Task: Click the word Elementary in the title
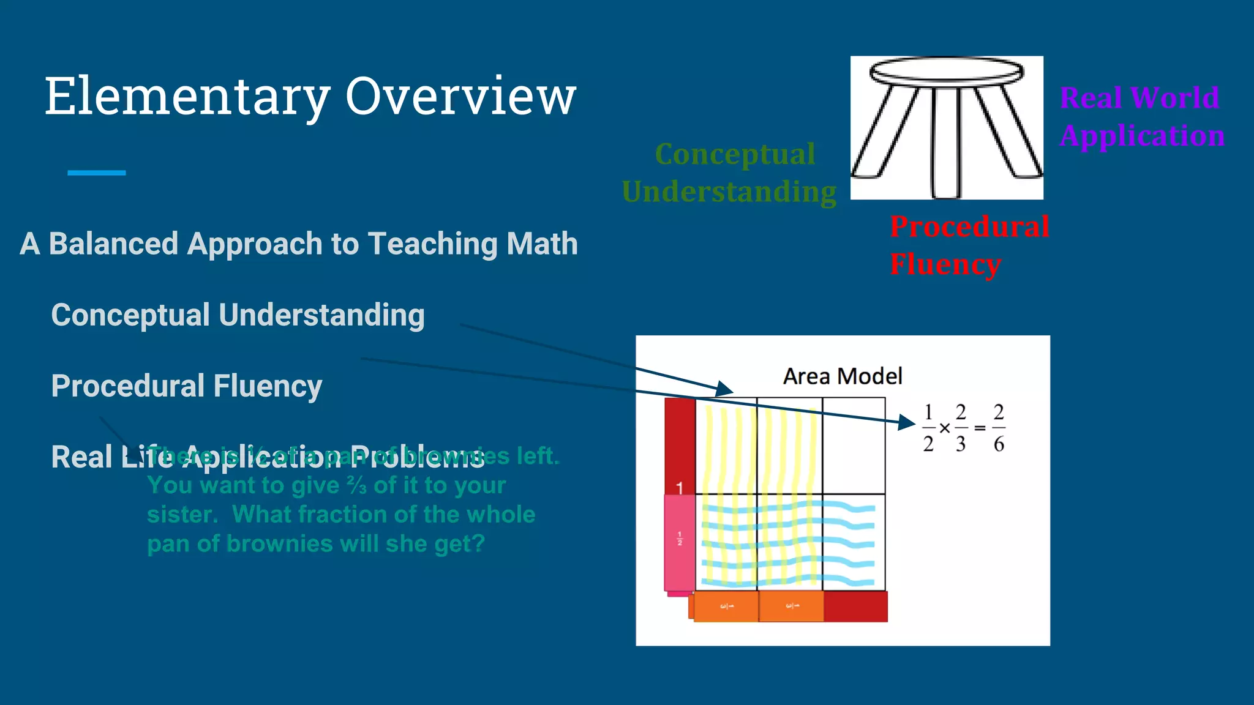[x=187, y=97]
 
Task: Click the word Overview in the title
[x=460, y=97]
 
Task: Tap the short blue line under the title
[x=96, y=173]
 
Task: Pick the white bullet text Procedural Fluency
[x=186, y=386]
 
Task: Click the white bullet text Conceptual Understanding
[x=238, y=315]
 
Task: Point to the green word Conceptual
[x=735, y=154]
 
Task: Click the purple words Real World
[x=1139, y=98]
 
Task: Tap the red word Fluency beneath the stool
[x=945, y=264]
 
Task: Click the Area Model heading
[x=843, y=376]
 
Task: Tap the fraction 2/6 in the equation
[x=999, y=428]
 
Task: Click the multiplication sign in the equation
[x=945, y=428]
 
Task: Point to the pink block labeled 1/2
[x=680, y=543]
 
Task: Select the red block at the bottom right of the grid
[x=855, y=606]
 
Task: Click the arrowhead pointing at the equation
[x=906, y=422]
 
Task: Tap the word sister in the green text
[x=182, y=515]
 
